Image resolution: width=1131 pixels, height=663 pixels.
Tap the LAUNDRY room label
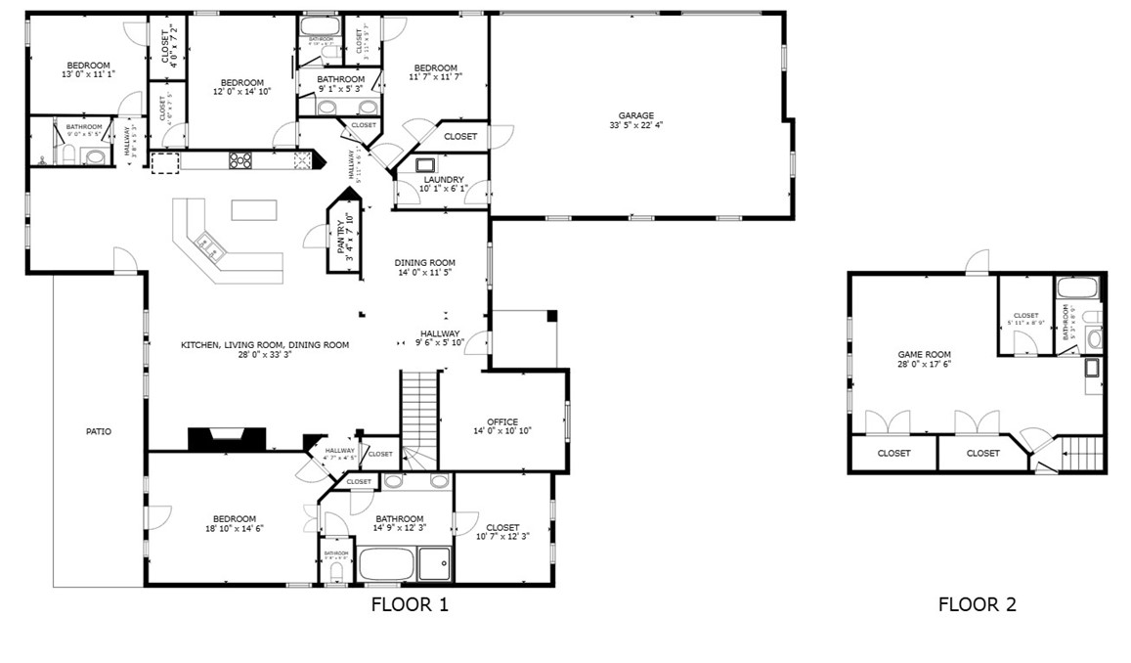point(443,180)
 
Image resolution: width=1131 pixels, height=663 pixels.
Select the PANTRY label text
point(341,234)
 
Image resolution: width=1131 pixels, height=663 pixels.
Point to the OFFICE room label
point(502,422)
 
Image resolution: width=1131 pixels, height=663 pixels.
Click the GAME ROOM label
point(924,355)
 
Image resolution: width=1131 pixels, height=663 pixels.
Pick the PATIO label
point(98,430)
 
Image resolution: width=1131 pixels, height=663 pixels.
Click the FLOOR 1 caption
point(410,604)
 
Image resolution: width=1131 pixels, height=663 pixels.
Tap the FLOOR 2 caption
point(977,604)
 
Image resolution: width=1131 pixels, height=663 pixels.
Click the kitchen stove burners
point(239,159)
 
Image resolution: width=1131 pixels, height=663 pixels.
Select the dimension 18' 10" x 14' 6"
point(235,528)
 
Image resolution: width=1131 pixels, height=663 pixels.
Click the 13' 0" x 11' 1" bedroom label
point(88,74)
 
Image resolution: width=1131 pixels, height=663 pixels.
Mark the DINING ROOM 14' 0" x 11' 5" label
point(425,268)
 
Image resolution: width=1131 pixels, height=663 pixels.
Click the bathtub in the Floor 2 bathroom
point(1077,288)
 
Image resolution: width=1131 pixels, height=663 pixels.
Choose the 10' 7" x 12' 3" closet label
point(502,533)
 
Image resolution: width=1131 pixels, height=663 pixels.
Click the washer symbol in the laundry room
point(426,164)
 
